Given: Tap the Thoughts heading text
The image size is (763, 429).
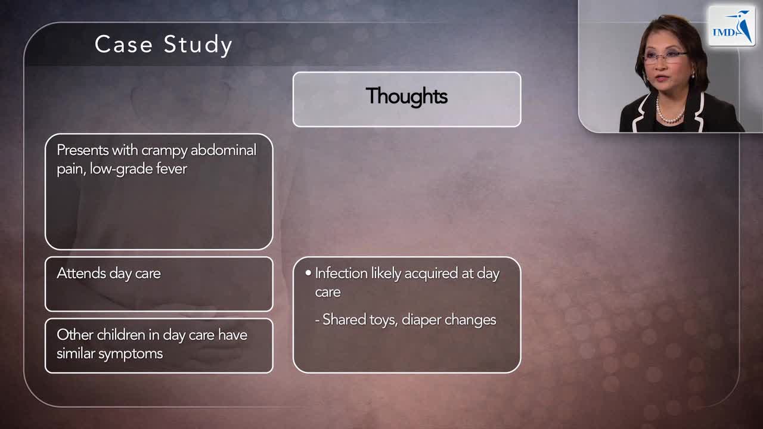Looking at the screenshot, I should pos(407,96).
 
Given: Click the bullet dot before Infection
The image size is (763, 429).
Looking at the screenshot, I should pos(308,273).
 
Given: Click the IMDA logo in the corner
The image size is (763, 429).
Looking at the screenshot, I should pos(731,27).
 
